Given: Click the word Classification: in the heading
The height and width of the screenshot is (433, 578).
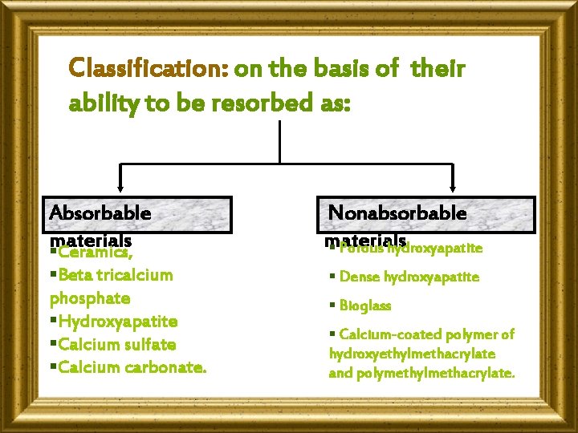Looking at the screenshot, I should tap(149, 69).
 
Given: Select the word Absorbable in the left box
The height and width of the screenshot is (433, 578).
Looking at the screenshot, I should tap(100, 212).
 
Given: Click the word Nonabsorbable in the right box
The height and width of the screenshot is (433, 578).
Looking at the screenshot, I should tap(397, 212).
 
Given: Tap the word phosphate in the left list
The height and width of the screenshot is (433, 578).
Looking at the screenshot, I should tap(90, 298).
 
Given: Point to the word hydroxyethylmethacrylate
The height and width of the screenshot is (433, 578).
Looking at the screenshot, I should tap(412, 354).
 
